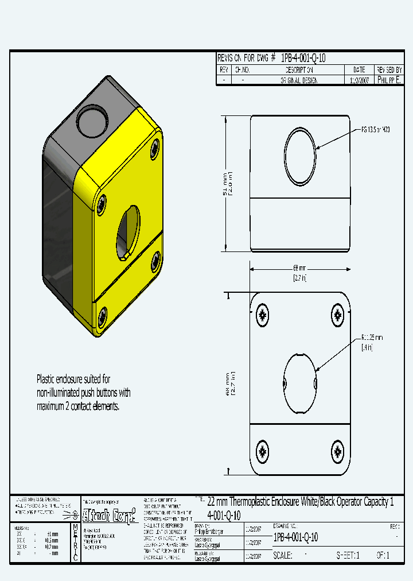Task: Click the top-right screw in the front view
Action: click(337, 314)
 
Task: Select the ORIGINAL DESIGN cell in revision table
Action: click(298, 81)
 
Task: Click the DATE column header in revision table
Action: click(360, 69)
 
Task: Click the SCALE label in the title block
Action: click(283, 556)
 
